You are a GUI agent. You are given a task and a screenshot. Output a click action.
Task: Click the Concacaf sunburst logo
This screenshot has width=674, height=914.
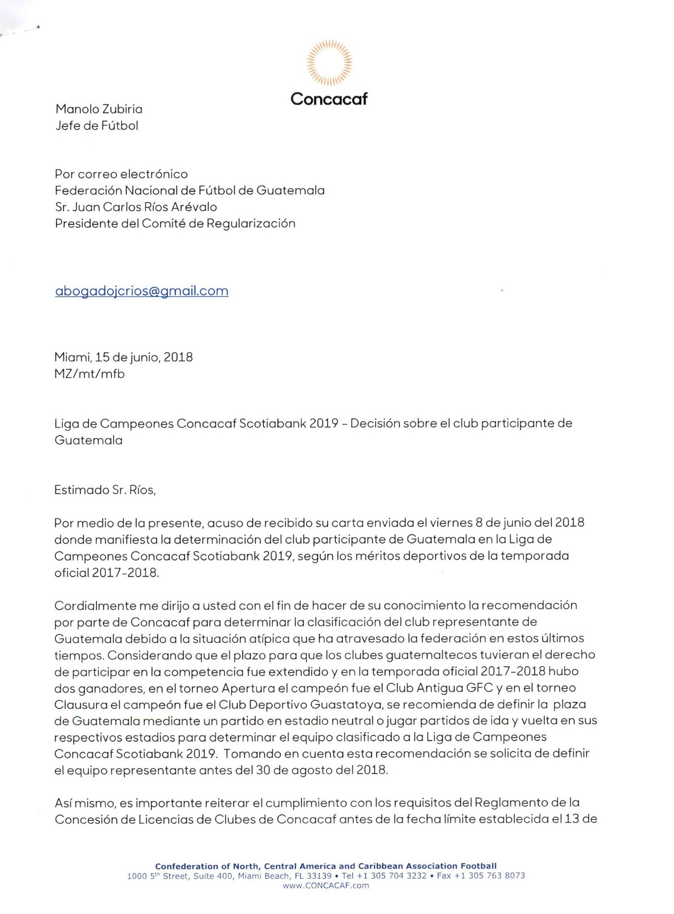coord(329,62)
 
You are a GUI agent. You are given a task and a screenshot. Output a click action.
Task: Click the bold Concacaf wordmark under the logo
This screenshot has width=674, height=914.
coord(329,99)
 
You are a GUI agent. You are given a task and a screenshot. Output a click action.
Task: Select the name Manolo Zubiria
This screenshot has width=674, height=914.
coord(99,109)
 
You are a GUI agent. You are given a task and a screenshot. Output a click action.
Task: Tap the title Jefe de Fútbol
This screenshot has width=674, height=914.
coord(96,126)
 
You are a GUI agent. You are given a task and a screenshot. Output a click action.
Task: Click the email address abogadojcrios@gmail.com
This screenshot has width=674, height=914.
coord(142,291)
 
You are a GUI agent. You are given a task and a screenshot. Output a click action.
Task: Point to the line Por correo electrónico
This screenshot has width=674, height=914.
coord(121,174)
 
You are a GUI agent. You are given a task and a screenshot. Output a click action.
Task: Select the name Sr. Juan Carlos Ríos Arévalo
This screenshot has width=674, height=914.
coord(136,207)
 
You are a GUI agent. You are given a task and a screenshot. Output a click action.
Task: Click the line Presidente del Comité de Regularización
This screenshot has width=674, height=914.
coord(175,223)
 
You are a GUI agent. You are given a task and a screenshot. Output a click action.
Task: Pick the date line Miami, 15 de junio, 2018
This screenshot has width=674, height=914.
coord(123,357)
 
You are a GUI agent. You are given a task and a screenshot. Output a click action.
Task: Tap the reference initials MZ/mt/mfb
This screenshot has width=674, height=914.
coord(89,374)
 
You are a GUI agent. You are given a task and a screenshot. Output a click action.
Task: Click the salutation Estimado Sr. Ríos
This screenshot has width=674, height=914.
coord(104,490)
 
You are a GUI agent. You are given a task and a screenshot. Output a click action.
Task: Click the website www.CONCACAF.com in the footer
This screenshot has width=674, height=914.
coord(326,885)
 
